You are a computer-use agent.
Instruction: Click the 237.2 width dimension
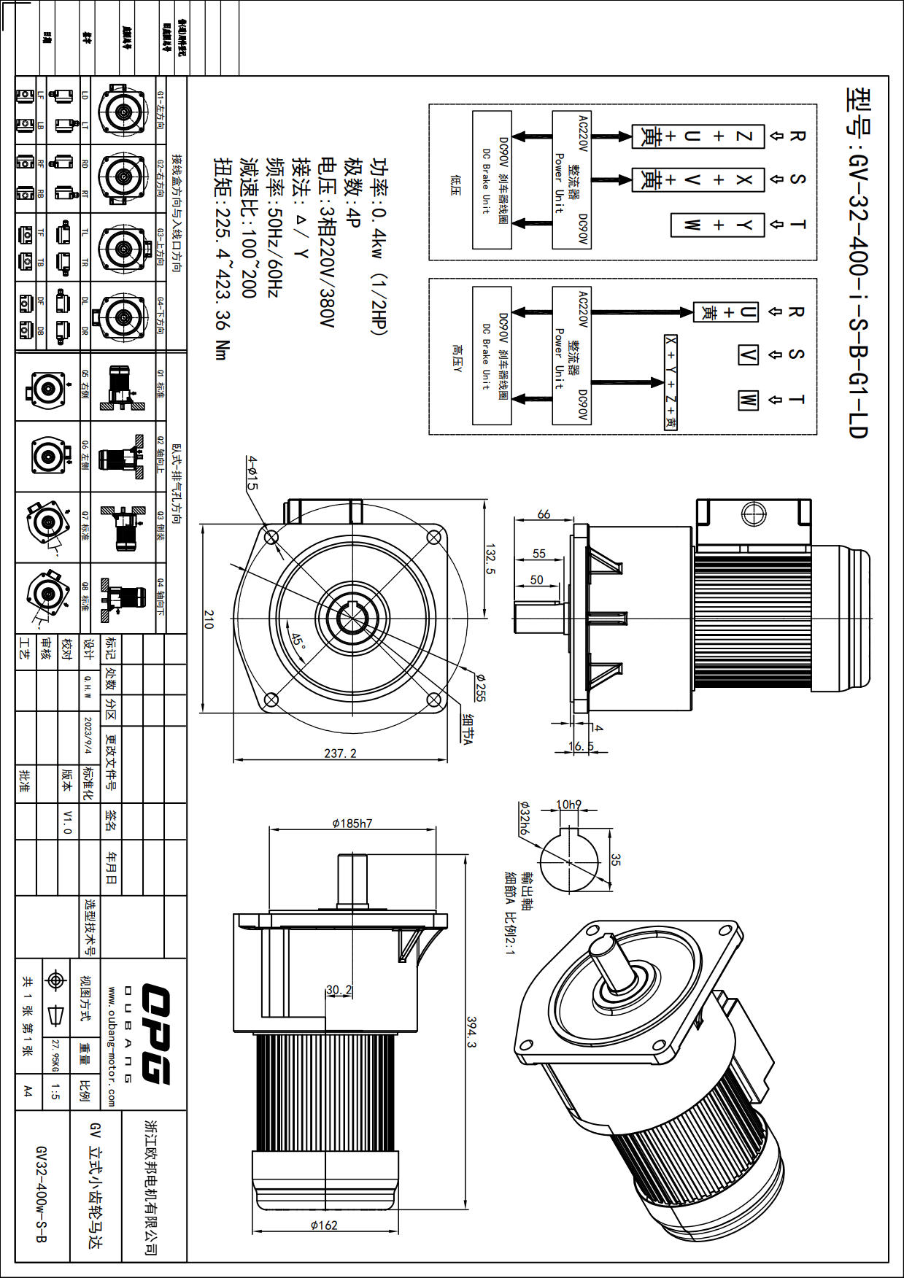[340, 754]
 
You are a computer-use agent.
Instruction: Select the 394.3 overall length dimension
[471, 1032]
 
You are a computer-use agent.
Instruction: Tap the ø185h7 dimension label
[352, 824]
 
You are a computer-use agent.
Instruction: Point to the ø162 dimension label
[324, 1225]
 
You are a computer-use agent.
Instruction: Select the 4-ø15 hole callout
[252, 473]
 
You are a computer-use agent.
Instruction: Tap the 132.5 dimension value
[490, 559]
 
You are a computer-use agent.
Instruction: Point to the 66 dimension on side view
[544, 514]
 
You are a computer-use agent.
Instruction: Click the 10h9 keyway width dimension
[568, 805]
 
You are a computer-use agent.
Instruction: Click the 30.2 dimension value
[339, 990]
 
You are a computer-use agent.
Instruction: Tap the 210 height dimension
[209, 619]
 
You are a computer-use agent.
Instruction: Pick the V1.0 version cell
[67, 821]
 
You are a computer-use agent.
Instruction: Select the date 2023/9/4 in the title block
[88, 735]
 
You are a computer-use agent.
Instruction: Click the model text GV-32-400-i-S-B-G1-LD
[858, 263]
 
